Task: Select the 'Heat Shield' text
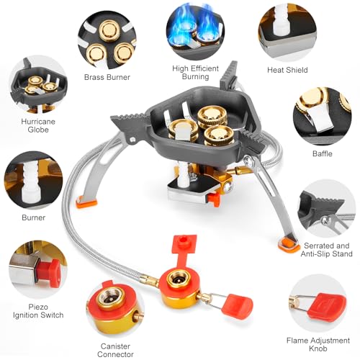(287, 70)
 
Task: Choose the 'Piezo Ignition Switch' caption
(38, 310)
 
